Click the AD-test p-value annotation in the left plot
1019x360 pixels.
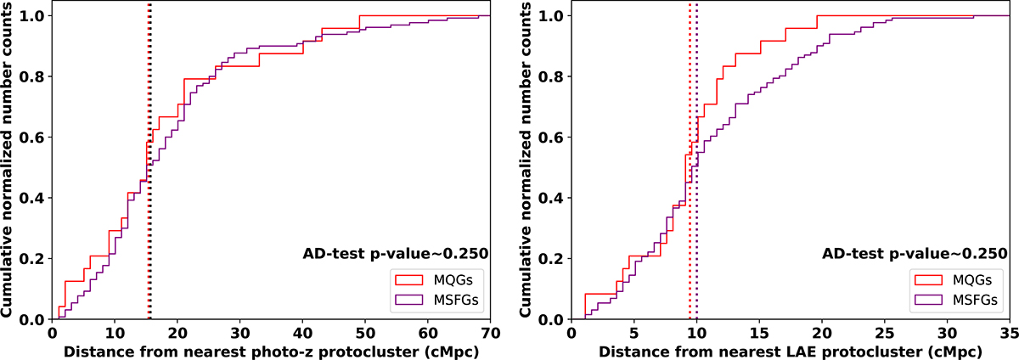point(396,253)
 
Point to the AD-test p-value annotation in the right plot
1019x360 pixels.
point(915,253)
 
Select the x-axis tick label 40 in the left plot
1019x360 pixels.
point(302,332)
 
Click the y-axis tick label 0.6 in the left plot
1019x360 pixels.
point(32,138)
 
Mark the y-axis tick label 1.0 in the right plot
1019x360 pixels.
point(552,16)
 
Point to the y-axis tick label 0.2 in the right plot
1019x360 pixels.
point(552,259)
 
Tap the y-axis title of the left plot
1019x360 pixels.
point(10,167)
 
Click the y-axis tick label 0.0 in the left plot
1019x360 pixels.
point(32,319)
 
